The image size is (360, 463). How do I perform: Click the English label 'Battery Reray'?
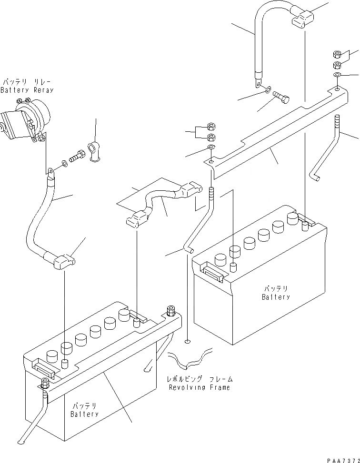(x=27, y=90)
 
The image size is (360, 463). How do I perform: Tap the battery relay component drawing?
(x=26, y=121)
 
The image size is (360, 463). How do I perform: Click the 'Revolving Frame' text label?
(x=200, y=387)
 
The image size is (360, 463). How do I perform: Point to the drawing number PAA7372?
(x=342, y=460)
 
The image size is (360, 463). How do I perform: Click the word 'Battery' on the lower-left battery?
(x=85, y=414)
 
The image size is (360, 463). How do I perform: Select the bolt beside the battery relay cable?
(x=77, y=156)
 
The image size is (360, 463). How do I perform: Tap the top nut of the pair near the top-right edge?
(x=336, y=54)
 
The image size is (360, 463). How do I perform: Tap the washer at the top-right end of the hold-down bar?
(x=337, y=75)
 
